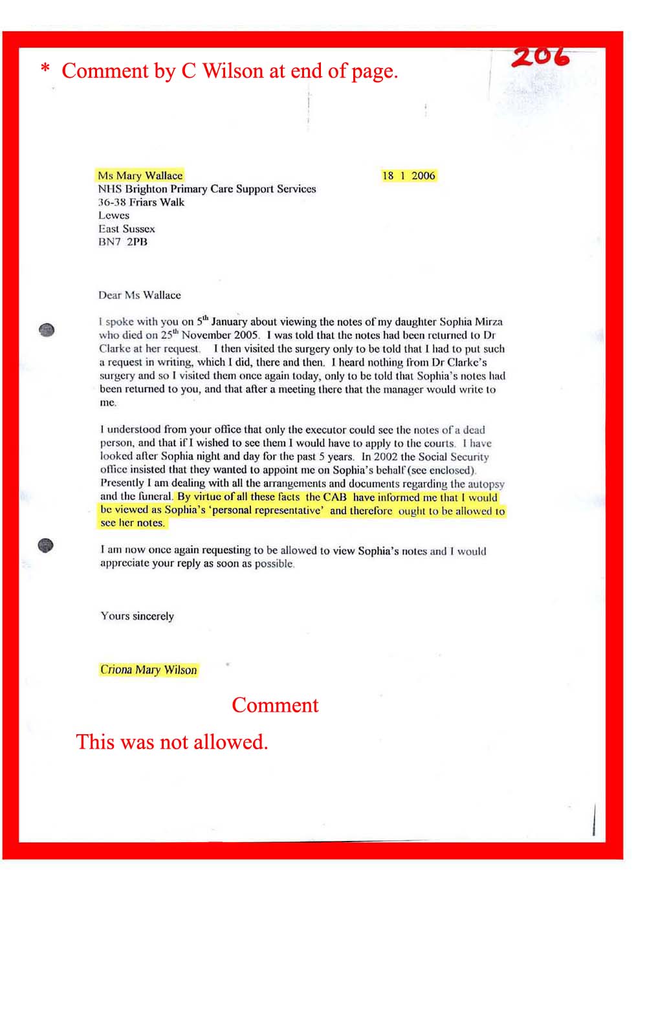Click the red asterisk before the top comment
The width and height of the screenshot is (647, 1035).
tap(45, 69)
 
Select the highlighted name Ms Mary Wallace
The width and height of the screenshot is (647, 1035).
tap(140, 175)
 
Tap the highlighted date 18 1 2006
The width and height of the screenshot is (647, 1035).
tap(408, 175)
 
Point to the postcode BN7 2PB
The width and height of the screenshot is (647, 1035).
tap(123, 242)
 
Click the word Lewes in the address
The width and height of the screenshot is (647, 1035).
tap(114, 215)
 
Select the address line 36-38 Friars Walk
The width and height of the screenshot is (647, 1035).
tap(141, 202)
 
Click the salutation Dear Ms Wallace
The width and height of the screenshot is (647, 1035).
tap(140, 295)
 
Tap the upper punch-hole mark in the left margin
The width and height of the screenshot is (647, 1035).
tap(47, 330)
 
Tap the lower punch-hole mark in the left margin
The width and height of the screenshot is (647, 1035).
tap(45, 546)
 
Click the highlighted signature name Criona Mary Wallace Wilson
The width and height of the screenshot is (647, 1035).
tap(148, 670)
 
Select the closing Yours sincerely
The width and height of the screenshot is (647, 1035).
tap(137, 616)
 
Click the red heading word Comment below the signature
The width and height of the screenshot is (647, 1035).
tap(275, 705)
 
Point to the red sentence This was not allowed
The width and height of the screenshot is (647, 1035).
tap(171, 741)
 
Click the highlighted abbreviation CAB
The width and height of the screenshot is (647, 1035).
tap(334, 497)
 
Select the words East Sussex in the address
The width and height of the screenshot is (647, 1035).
tap(127, 228)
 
